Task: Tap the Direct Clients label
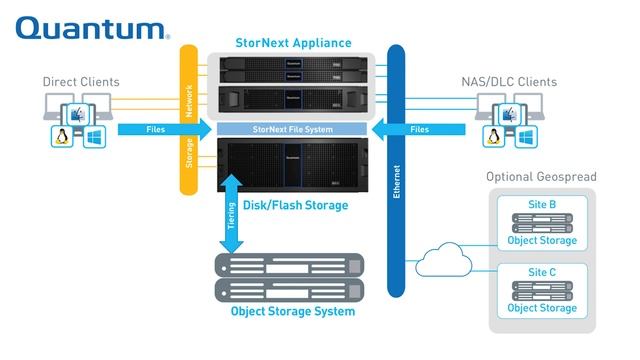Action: coord(81,81)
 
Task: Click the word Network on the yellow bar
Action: coord(187,101)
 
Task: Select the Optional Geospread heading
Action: coord(540,177)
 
